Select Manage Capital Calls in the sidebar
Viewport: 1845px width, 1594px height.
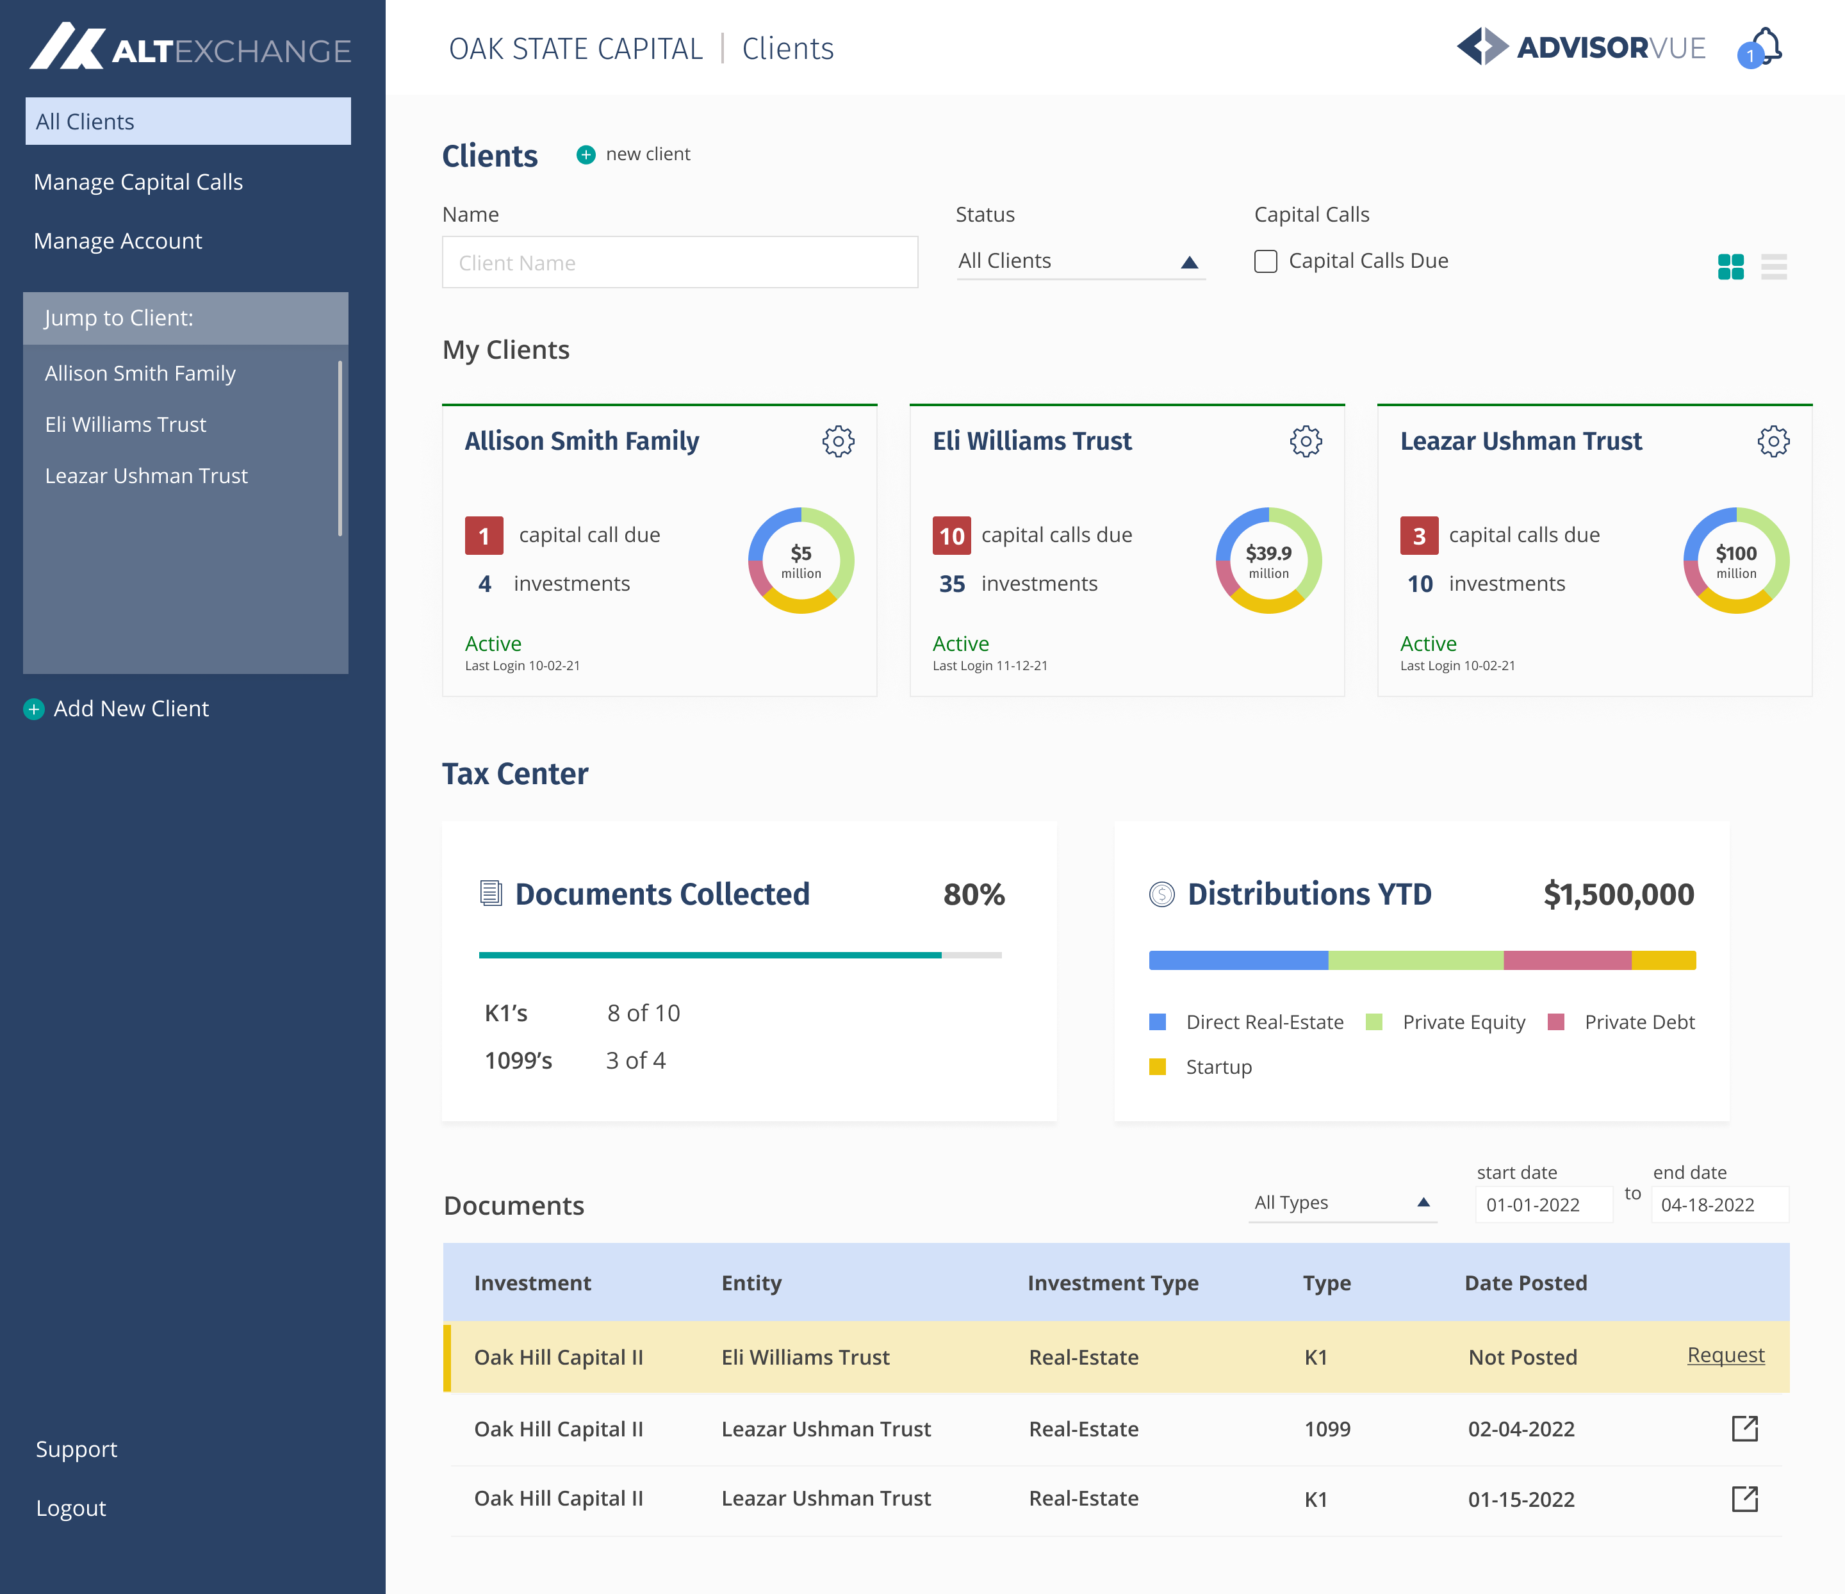tap(138, 182)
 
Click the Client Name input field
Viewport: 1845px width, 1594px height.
tap(680, 263)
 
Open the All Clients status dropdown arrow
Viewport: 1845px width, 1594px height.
tap(1189, 262)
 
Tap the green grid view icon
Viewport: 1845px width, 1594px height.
tap(1730, 267)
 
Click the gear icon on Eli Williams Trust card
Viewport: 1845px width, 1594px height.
tap(1306, 441)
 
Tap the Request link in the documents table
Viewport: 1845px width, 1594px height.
tap(1725, 1355)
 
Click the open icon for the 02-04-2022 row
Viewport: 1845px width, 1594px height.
tap(1744, 1428)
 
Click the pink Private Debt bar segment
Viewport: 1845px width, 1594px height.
tap(1566, 960)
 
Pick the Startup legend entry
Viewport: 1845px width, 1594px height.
tap(1218, 1067)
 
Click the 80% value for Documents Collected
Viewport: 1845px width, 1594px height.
tap(973, 894)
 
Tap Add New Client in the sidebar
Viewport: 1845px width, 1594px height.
tap(130, 709)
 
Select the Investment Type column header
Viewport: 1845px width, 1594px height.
tap(1112, 1283)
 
